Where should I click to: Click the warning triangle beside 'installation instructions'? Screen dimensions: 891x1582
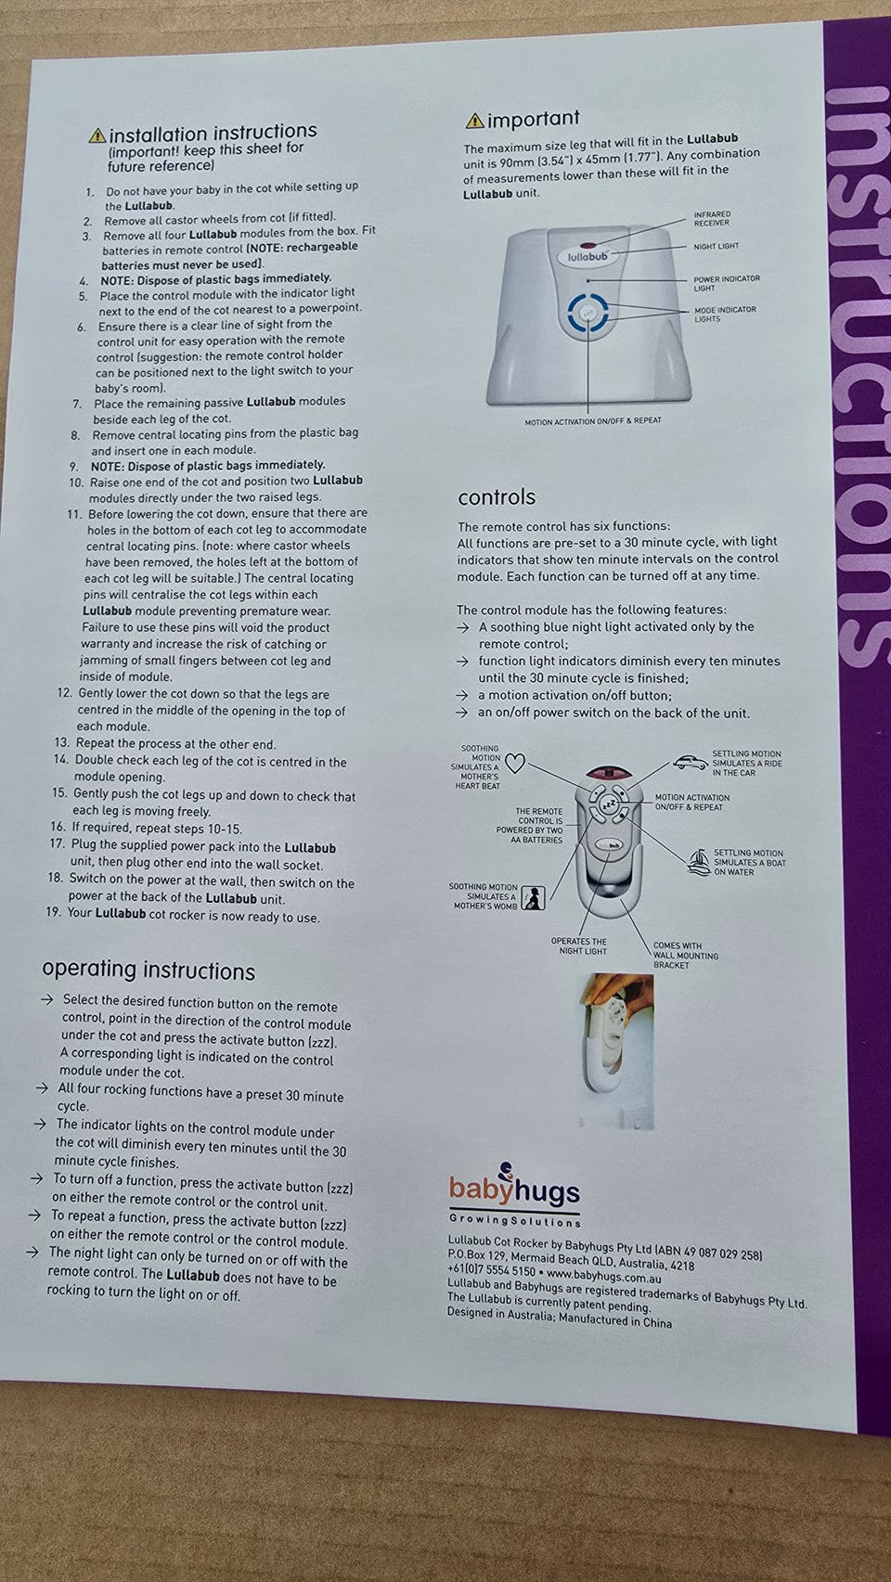point(97,135)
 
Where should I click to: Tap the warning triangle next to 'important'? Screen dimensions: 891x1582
point(474,122)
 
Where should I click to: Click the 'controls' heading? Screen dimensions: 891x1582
point(497,497)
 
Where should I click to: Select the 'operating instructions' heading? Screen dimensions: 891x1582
point(148,970)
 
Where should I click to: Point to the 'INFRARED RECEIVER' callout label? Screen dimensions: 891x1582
point(712,219)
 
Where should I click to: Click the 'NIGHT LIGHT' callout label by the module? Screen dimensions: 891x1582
point(716,247)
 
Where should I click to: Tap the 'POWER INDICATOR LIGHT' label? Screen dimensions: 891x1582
point(727,283)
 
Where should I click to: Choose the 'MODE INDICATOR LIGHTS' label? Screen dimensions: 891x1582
point(725,315)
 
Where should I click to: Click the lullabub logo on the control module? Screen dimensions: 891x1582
point(588,257)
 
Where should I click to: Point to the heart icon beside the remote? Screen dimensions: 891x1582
point(516,764)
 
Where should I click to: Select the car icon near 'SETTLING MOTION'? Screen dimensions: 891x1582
point(691,762)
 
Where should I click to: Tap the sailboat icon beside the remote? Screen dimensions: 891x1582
point(699,862)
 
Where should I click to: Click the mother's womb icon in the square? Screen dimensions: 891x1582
point(533,898)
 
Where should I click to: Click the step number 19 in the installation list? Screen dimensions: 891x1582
point(53,912)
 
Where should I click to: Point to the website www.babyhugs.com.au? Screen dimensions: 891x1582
point(604,1277)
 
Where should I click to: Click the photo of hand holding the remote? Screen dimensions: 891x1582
point(617,1051)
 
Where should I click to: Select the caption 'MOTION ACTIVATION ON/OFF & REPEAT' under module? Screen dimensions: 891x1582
point(593,421)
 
